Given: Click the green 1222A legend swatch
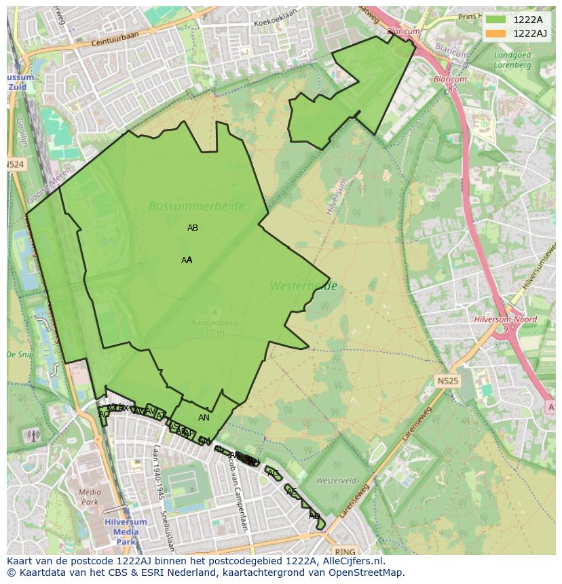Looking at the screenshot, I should point(495,20).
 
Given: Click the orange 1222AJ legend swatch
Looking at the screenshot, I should point(495,33).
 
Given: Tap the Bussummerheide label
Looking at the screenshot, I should point(196,206).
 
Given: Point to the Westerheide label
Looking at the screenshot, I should point(303,286).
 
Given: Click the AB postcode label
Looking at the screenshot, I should point(193,228).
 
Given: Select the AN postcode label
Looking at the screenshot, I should point(204,418).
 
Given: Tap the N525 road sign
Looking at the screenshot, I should point(447,381).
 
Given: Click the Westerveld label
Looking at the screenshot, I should point(336,480).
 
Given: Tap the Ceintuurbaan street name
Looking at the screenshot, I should point(122,42).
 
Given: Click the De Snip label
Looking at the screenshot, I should point(20,355).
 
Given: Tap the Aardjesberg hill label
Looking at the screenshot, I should point(214,323).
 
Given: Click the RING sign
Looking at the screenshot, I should point(345,551).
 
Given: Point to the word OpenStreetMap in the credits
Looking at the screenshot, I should point(367,573).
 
